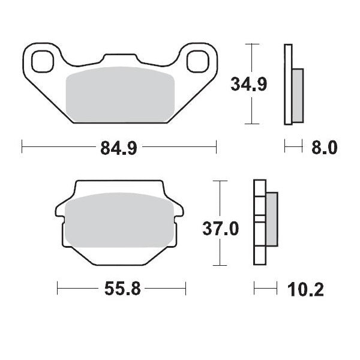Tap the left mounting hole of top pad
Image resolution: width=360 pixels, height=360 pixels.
(x=42, y=60)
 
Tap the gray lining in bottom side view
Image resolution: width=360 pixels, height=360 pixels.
(x=271, y=219)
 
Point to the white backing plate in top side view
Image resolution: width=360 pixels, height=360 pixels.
(x=288, y=84)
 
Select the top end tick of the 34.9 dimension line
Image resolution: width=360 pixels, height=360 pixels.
(x=253, y=44)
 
